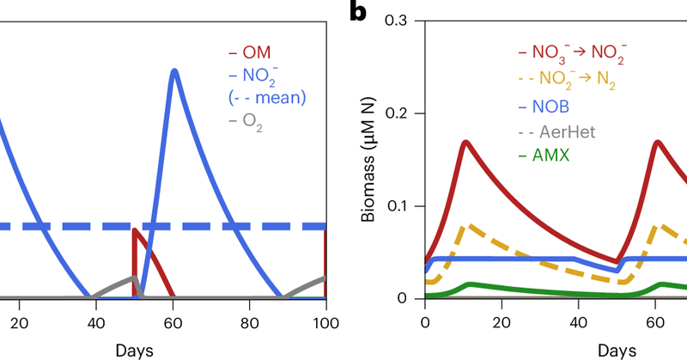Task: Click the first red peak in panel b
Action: (x=465, y=142)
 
